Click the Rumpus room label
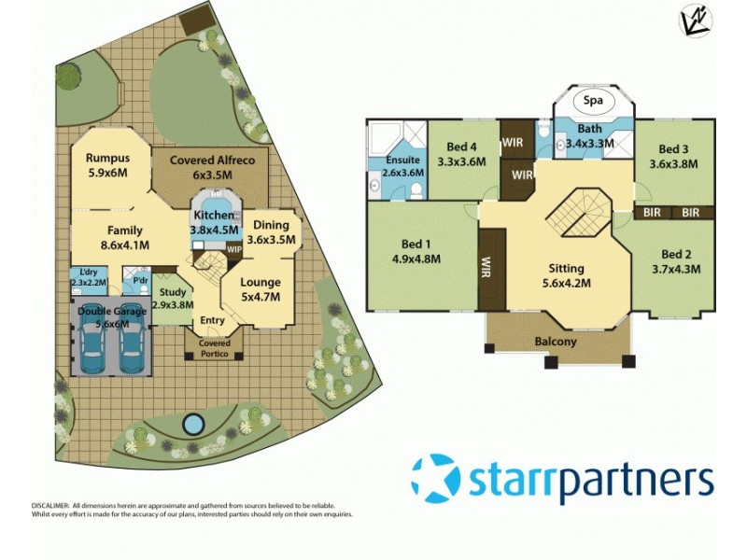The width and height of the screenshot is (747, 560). click(107, 158)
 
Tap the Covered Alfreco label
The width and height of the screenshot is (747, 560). click(212, 160)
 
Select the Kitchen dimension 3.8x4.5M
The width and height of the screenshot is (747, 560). click(215, 230)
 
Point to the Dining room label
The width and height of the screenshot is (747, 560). click(271, 225)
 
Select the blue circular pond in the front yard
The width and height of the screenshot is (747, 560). click(192, 425)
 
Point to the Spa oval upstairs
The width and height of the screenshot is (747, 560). click(591, 100)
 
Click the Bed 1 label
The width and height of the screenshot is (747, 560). click(415, 247)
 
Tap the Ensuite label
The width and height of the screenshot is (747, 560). click(404, 160)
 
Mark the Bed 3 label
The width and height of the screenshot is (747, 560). click(673, 149)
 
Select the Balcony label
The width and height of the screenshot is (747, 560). click(557, 342)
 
